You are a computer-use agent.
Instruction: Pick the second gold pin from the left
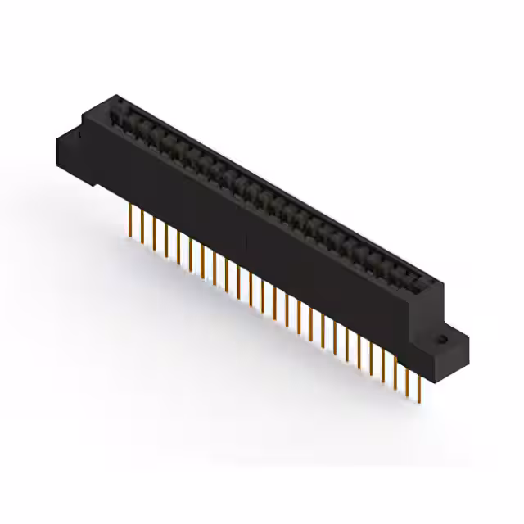142,225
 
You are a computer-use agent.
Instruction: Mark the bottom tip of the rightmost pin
419,401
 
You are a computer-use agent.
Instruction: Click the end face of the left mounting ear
68,151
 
